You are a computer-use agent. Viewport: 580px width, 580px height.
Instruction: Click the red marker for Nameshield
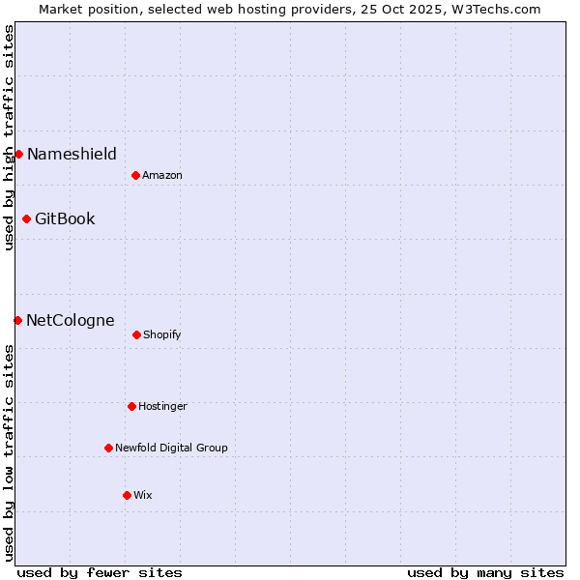[18, 154]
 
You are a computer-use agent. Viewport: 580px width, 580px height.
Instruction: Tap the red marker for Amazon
[135, 175]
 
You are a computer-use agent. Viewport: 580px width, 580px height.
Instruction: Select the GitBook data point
[26, 218]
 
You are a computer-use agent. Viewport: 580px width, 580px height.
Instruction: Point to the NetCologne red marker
[17, 320]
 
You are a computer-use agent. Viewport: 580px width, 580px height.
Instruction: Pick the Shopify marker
[136, 334]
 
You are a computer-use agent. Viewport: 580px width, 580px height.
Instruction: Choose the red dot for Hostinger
[131, 406]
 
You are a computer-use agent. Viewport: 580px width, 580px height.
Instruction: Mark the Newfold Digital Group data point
[108, 448]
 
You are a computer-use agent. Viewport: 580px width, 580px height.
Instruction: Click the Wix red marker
[127, 495]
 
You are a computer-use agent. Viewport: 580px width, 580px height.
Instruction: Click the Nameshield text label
[72, 154]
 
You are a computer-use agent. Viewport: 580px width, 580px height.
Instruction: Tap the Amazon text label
[162, 175]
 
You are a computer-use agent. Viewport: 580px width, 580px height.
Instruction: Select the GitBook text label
[65, 218]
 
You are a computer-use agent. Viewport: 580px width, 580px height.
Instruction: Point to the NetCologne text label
[70, 320]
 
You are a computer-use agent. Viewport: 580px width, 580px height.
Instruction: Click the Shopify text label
[162, 334]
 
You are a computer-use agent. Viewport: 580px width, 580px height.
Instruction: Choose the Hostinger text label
[162, 406]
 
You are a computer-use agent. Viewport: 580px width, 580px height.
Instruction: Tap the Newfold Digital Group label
[171, 448]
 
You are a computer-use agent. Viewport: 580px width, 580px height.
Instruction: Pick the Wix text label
[143, 495]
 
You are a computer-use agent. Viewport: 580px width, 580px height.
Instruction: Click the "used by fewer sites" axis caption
[100, 572]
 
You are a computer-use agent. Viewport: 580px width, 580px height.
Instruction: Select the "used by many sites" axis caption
[485, 572]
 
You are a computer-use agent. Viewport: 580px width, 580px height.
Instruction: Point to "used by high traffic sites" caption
[9, 137]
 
